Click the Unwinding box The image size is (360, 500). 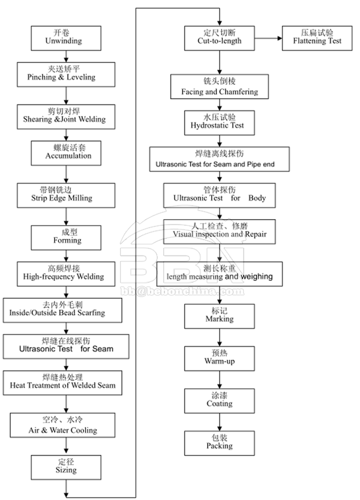click(66, 38)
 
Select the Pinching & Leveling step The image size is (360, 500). click(66, 74)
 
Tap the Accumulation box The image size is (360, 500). click(66, 154)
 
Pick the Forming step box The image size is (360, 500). click(66, 238)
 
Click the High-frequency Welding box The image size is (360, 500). click(66, 274)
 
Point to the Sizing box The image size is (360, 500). click(66, 468)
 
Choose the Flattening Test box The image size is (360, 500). click(317, 38)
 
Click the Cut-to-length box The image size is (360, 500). click(220, 38)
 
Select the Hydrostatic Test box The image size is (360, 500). click(220, 123)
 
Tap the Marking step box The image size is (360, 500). click(220, 316)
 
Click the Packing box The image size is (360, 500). click(220, 443)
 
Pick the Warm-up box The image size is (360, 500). click(220, 359)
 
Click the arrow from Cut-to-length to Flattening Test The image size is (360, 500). click(268, 38)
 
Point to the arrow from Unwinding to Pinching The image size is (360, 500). click(66, 56)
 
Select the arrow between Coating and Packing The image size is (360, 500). click(220, 422)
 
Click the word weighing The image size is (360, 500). click(257, 277)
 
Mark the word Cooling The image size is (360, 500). click(84, 430)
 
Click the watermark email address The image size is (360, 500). click(182, 292)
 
